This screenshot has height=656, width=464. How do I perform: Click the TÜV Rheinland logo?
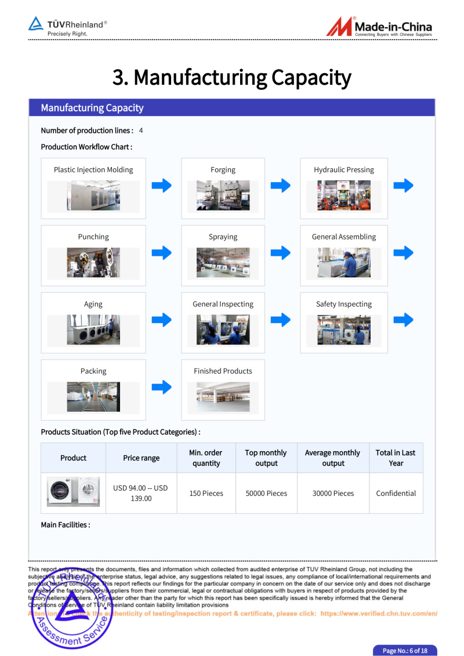click(68, 27)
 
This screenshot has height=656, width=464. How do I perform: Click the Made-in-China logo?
click(379, 27)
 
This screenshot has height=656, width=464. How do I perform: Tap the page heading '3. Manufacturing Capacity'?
click(232, 77)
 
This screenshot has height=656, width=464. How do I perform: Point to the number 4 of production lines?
click(141, 131)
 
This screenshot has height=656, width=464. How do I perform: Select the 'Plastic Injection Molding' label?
click(93, 170)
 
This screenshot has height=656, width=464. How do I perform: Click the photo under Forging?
click(223, 195)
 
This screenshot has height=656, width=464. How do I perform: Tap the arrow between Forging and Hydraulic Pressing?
click(281, 186)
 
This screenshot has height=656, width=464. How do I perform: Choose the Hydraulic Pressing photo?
click(343, 195)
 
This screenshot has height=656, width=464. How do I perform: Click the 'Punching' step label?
click(93, 237)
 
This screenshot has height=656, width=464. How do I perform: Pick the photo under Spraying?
click(223, 262)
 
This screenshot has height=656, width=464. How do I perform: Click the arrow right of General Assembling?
click(403, 253)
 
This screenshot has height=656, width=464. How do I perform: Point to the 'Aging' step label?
click(93, 304)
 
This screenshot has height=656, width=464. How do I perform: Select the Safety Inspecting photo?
click(343, 329)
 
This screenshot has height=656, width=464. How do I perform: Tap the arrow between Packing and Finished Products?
click(162, 387)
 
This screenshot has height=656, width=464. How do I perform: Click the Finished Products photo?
click(223, 397)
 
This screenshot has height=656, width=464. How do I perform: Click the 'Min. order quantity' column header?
click(206, 458)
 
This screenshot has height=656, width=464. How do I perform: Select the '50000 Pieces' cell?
click(266, 493)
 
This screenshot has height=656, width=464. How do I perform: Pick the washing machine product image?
click(73, 492)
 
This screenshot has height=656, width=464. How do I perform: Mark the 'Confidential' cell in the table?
click(396, 493)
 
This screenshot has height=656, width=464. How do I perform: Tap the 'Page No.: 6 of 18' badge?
click(404, 650)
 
